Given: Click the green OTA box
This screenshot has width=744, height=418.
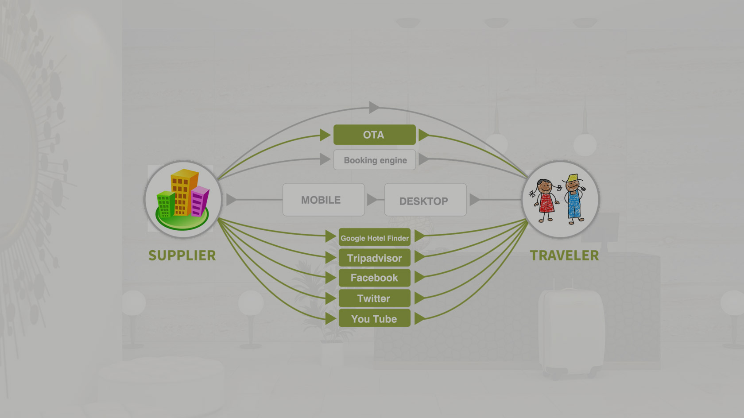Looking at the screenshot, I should pyautogui.click(x=374, y=135).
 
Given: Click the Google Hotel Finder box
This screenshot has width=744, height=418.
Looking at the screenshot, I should pyautogui.click(x=374, y=237).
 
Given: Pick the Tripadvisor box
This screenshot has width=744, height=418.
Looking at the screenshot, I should pyautogui.click(x=374, y=258).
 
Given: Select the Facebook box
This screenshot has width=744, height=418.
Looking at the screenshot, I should pyautogui.click(x=374, y=278).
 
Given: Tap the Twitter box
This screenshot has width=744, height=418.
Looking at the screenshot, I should pyautogui.click(x=374, y=298).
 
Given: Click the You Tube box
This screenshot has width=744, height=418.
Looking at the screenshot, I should pyautogui.click(x=374, y=318).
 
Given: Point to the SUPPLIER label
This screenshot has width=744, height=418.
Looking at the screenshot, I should pyautogui.click(x=182, y=255).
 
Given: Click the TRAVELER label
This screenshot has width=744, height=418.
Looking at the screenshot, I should pyautogui.click(x=564, y=255).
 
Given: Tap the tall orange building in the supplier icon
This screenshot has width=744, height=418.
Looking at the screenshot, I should pyautogui.click(x=182, y=191).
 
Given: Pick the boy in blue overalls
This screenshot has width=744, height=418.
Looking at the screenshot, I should pyautogui.click(x=574, y=198).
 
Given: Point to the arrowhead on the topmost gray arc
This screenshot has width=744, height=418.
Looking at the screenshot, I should pyautogui.click(x=374, y=107).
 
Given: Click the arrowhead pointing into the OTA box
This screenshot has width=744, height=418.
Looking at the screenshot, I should pyautogui.click(x=325, y=135).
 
